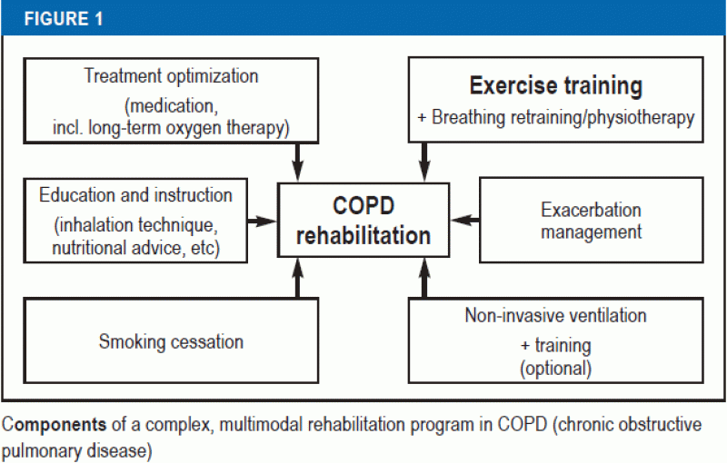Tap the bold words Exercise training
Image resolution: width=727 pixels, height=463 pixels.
click(x=555, y=87)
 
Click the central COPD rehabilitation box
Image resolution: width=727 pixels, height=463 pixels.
click(x=363, y=222)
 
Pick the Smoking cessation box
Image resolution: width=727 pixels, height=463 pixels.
click(x=171, y=342)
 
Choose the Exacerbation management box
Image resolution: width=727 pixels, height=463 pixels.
click(x=591, y=221)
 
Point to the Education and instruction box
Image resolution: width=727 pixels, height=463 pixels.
click(x=135, y=221)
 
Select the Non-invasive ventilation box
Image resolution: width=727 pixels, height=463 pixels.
click(x=555, y=342)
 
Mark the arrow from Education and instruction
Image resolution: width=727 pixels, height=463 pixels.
click(x=263, y=221)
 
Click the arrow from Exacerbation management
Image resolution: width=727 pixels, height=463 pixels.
click(x=464, y=221)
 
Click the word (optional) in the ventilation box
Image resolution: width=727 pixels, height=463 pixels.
click(x=554, y=369)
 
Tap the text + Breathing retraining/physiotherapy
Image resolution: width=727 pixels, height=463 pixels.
click(x=554, y=118)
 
